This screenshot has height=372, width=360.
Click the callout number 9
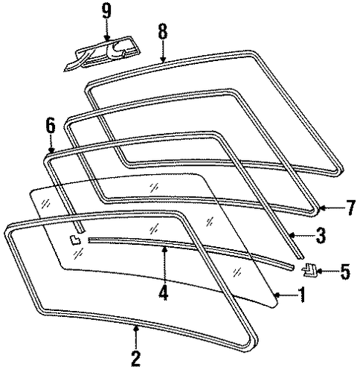point(107,12)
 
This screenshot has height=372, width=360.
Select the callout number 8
point(163,31)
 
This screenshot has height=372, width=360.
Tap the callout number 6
point(51,126)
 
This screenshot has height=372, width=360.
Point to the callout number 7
point(350,208)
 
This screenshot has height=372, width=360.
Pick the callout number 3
point(321,235)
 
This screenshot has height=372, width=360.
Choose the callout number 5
point(344,272)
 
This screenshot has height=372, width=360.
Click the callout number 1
point(301,295)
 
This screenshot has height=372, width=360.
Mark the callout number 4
point(164,292)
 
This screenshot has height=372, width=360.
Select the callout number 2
point(136,358)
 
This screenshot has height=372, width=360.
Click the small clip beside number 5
point(309,270)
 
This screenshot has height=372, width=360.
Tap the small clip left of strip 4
point(75,240)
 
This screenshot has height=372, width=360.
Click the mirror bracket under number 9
point(103,54)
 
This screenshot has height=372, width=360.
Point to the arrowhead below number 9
point(107,38)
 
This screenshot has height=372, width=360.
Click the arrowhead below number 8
point(163,59)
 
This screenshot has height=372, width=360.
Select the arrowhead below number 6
point(51,150)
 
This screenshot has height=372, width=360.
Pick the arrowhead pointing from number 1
point(278,295)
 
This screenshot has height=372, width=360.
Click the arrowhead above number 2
point(135,328)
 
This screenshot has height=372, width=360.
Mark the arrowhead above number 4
point(164,249)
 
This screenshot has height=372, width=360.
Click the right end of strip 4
point(292,268)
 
